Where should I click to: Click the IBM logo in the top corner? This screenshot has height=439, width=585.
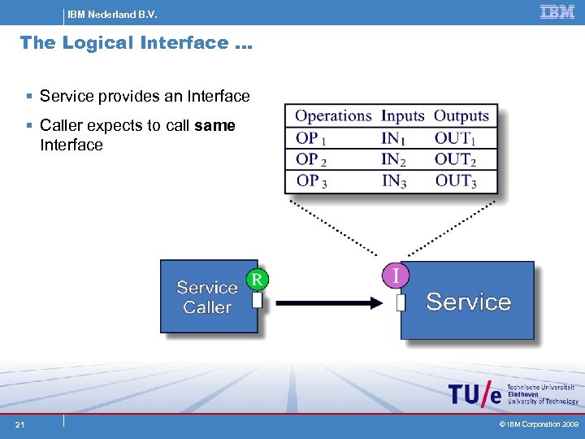pyautogui.click(x=557, y=12)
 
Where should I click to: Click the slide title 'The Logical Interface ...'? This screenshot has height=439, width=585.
pyautogui.click(x=136, y=42)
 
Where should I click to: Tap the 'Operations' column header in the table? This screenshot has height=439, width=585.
pyautogui.click(x=333, y=116)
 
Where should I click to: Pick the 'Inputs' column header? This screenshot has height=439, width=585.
pyautogui.click(x=403, y=116)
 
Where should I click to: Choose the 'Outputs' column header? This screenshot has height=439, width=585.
pyautogui.click(x=461, y=116)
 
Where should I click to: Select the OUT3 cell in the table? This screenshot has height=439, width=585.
pyautogui.click(x=456, y=180)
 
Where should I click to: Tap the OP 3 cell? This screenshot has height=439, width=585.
pyautogui.click(x=312, y=180)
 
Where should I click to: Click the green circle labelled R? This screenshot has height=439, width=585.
pyautogui.click(x=258, y=280)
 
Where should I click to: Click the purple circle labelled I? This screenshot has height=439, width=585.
pyautogui.click(x=396, y=276)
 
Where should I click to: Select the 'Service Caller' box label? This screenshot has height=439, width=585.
pyautogui.click(x=207, y=298)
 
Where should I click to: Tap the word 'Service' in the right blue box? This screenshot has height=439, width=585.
pyautogui.click(x=468, y=302)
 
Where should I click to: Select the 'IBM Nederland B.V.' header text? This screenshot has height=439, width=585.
pyautogui.click(x=112, y=14)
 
